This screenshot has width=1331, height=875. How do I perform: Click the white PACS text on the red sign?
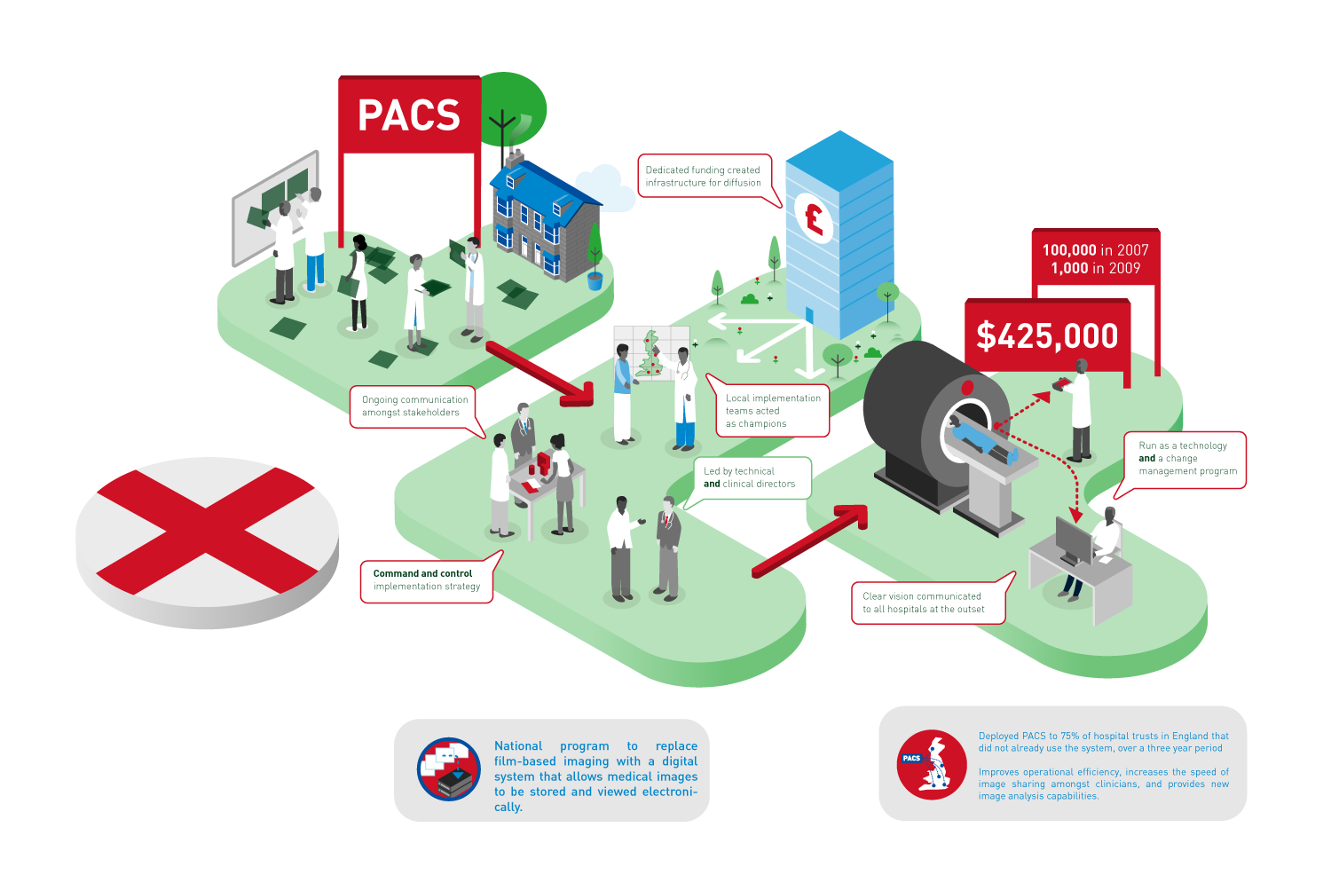click(409, 115)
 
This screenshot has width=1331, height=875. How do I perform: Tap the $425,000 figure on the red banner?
click(1047, 336)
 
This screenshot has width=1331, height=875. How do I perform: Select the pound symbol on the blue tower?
click(814, 217)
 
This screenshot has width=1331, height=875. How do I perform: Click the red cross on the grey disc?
click(207, 532)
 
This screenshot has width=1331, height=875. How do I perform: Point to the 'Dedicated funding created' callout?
click(703, 176)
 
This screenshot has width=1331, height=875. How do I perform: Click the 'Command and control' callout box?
click(426, 580)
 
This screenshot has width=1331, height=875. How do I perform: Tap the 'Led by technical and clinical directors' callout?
click(749, 477)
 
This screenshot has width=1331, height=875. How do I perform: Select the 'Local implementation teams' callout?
click(772, 411)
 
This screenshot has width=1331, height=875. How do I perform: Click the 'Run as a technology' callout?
click(1186, 459)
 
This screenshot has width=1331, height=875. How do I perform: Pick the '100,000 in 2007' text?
click(1095, 250)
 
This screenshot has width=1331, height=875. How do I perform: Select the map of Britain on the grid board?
click(652, 352)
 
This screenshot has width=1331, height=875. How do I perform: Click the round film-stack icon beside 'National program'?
click(449, 769)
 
